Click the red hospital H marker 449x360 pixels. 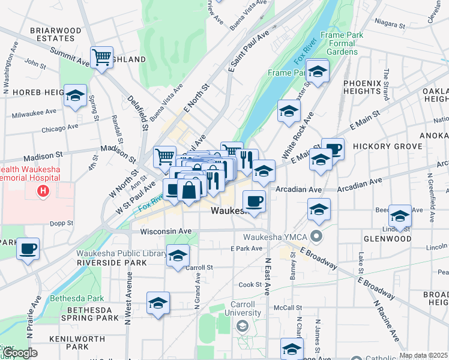[x=43, y=191]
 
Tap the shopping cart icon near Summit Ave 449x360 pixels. [x=102, y=58]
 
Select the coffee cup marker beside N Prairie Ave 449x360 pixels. [x=28, y=248]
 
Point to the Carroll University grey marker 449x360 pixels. [x=242, y=326]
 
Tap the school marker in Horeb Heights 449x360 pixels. [x=76, y=96]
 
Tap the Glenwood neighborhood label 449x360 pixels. [x=387, y=239]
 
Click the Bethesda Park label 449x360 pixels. [x=77, y=298]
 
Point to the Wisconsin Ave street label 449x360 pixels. [x=166, y=231]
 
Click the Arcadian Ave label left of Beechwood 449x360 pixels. [x=300, y=189]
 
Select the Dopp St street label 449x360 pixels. [x=61, y=223]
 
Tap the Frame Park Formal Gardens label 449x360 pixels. [x=342, y=43]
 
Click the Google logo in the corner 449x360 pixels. [x=19, y=353]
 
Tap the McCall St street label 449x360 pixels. [x=287, y=307]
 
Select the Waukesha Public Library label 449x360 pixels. [x=121, y=253]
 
